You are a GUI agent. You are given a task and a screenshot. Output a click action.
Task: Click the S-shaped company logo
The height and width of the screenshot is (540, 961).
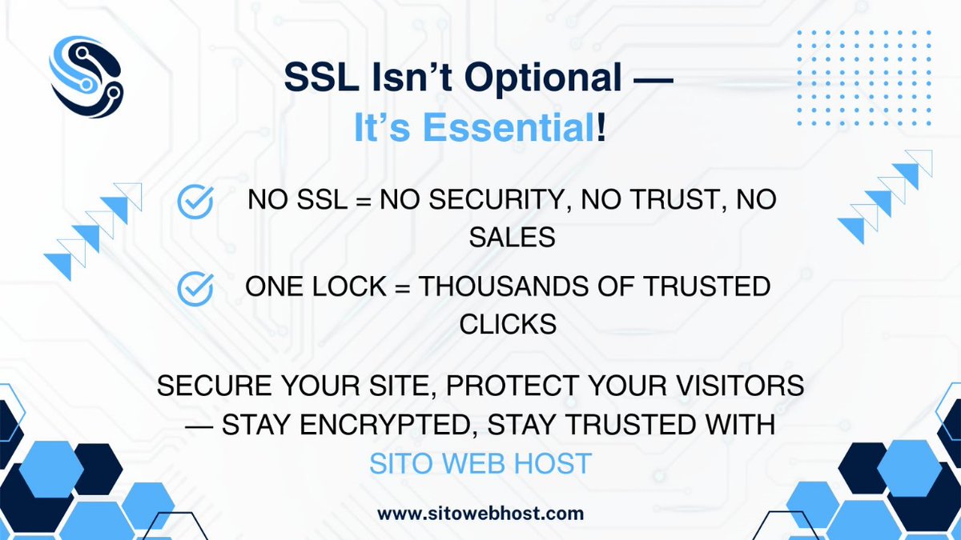tap(86, 77)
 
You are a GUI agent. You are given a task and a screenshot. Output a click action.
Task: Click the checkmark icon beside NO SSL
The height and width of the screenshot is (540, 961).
tap(195, 202)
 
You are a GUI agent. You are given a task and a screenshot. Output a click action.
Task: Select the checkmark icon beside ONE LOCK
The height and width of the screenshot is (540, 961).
tap(195, 288)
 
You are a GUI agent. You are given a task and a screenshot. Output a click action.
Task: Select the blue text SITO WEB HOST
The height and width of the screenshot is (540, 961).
tap(480, 462)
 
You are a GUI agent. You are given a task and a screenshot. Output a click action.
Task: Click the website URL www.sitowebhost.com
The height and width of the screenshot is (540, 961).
tap(480, 513)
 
